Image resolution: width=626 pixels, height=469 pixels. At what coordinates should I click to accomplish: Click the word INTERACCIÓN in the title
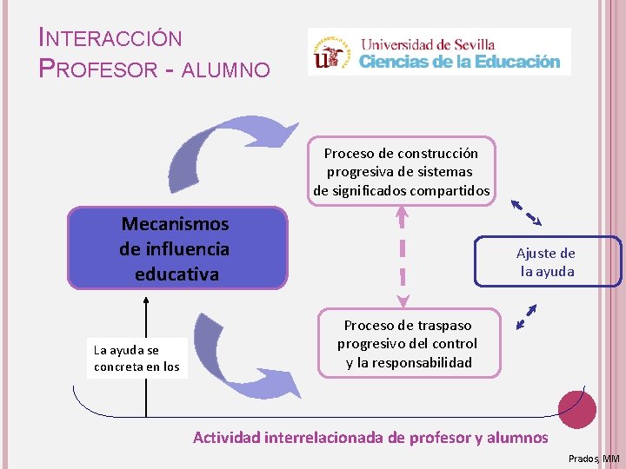click(111, 38)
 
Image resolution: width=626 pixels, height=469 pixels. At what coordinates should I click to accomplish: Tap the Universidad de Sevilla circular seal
click(331, 51)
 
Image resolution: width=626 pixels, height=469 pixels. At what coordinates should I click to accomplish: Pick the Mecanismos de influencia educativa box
click(176, 248)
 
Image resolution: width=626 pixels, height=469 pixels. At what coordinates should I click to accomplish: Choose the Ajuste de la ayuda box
click(547, 261)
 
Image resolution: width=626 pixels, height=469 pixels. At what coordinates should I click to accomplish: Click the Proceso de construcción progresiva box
click(401, 171)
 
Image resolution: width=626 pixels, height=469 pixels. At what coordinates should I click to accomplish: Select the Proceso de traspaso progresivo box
click(409, 343)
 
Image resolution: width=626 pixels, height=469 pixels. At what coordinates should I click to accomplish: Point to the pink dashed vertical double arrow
click(403, 256)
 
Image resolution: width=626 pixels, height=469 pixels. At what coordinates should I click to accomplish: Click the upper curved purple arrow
click(217, 152)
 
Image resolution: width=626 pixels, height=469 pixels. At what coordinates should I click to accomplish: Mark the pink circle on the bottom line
click(576, 406)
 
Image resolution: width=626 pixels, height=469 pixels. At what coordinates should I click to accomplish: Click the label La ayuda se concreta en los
click(137, 358)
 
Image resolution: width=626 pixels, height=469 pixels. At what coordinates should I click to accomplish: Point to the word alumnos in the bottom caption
click(519, 438)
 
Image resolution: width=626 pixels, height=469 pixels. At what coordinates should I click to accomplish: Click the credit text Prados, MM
click(593, 458)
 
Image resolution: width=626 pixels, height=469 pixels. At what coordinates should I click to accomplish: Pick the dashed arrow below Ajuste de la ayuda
click(526, 316)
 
